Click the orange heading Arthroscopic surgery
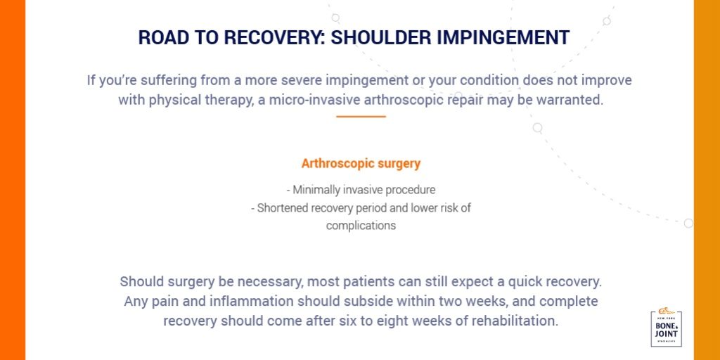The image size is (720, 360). coord(361,164)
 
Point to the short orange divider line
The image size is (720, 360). coord(361,116)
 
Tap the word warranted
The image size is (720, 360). coord(570,100)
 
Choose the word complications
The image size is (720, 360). coord(361,226)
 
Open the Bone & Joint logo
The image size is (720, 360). coord(666,328)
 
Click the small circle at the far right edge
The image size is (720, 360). coord(688,223)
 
